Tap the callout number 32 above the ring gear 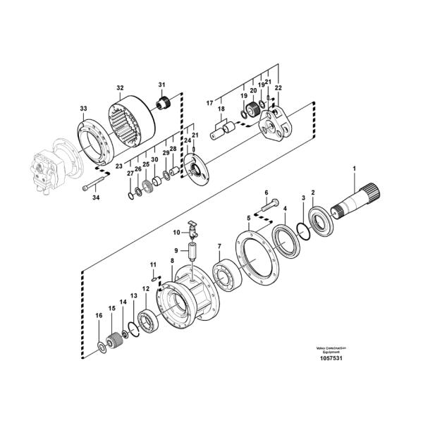click(119, 88)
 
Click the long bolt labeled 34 click(93, 188)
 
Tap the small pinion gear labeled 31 click(166, 104)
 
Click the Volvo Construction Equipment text click(330, 348)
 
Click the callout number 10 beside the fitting click(177, 231)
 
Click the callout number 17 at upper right click(209, 103)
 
